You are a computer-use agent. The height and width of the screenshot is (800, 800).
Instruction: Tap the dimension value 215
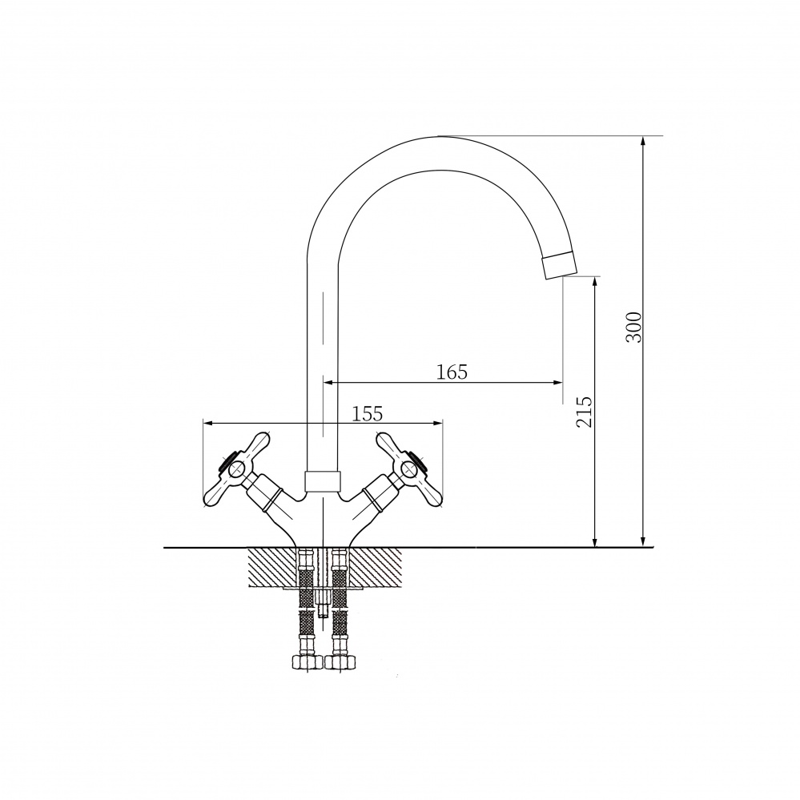[x=584, y=412]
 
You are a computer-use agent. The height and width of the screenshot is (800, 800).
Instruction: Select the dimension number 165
[x=452, y=372]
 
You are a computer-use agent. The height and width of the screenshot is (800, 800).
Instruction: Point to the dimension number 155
[x=368, y=413]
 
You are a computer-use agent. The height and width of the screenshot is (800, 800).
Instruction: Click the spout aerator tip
[x=561, y=265]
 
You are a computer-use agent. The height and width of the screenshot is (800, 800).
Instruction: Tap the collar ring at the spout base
[x=322, y=481]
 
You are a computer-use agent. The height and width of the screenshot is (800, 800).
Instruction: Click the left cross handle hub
[x=238, y=468]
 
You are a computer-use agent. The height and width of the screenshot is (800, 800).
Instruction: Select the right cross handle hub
[x=408, y=468]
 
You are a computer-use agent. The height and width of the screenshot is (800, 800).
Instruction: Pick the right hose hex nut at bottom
[x=339, y=662]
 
